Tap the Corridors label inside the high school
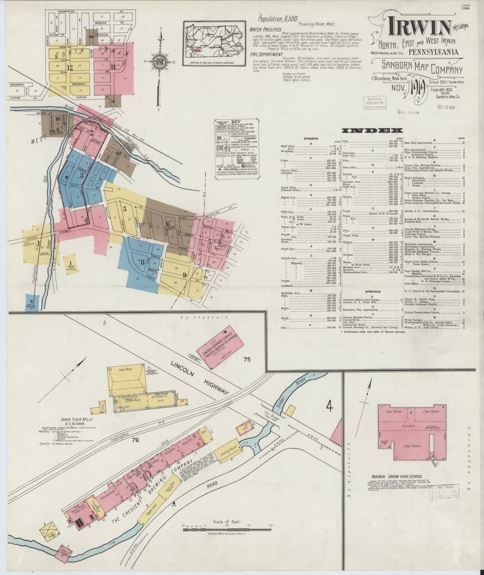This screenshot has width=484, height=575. (x=408, y=425)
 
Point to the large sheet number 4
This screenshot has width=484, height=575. (x=329, y=406)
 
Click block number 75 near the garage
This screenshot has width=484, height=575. (x=247, y=359)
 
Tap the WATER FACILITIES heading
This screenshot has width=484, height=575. (x=268, y=29)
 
